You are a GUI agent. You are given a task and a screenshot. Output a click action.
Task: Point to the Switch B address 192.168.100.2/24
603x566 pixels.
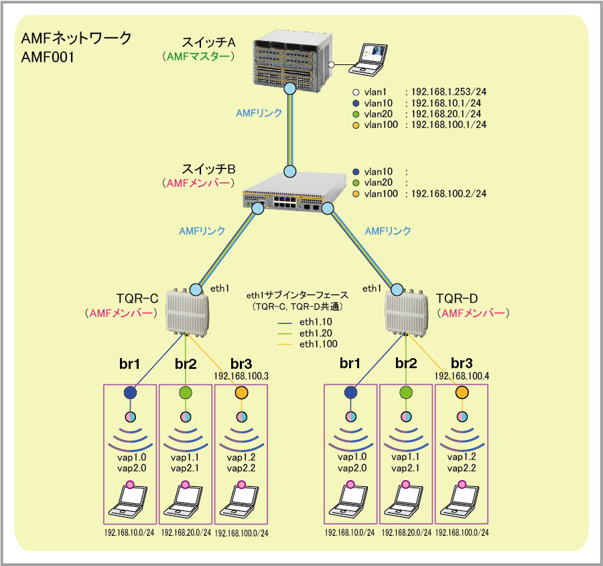coord(448,194)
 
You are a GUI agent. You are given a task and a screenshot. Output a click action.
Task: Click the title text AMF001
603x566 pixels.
coord(47,58)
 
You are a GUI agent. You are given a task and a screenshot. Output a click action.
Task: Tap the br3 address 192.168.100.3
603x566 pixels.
coord(241,376)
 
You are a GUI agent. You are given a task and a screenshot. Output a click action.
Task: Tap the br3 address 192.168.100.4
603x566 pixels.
coord(462,376)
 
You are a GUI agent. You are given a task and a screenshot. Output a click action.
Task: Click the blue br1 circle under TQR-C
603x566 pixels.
coord(130,392)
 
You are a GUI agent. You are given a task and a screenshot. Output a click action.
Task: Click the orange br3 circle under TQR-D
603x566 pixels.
coord(462,392)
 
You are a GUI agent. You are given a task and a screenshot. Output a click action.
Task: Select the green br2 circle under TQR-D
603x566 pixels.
coord(406,392)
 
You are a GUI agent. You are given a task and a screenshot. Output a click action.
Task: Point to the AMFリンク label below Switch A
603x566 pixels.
coord(259,113)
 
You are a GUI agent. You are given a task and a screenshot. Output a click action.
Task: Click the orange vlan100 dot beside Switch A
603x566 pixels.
coord(356,125)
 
